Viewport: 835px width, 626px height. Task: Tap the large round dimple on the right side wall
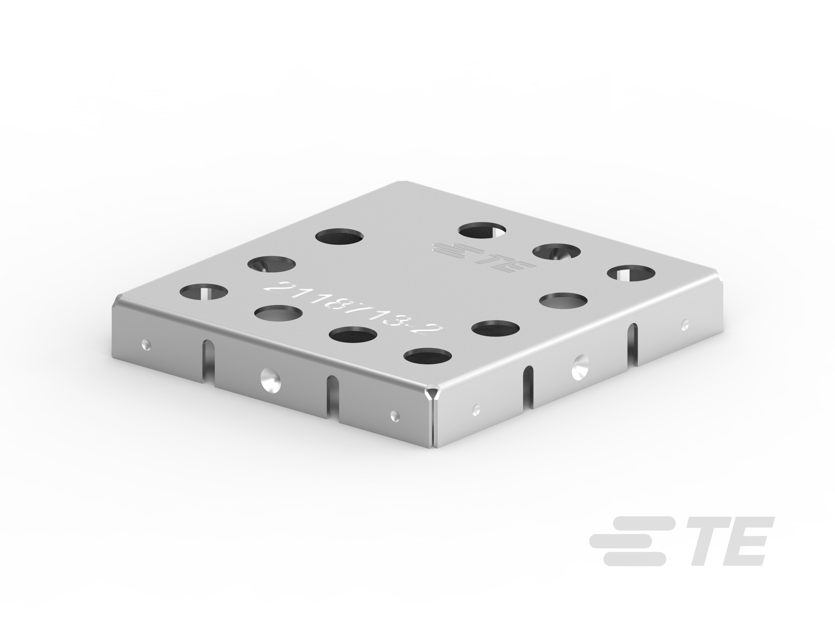click(x=580, y=366)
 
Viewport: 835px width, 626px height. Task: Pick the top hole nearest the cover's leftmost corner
click(x=204, y=292)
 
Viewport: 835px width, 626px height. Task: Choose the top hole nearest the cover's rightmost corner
click(x=631, y=274)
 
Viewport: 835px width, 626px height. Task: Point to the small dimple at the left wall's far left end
click(x=146, y=344)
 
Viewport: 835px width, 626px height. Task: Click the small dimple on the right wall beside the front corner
click(x=476, y=409)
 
